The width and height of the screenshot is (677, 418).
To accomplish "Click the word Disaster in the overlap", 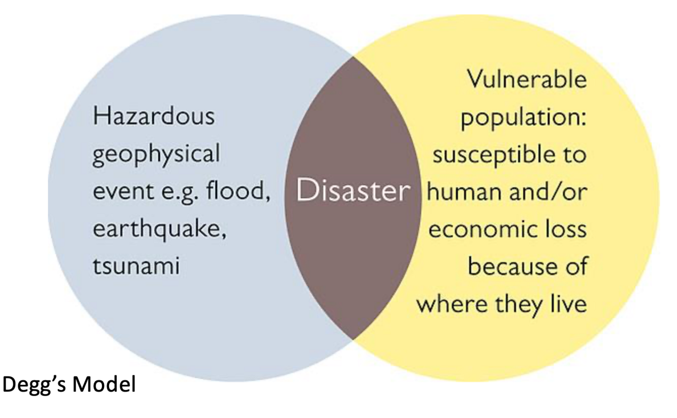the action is pos(353,192).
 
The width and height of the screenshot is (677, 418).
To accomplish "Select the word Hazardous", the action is pos(153,117).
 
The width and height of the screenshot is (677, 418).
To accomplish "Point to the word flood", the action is pos(244,192).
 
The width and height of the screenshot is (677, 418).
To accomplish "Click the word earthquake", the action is pos(159,230).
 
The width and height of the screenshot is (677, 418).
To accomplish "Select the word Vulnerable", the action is pos(526,80).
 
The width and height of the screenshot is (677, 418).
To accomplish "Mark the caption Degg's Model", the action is pos(70,386).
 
